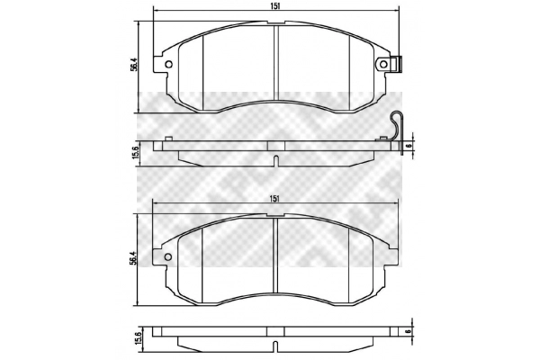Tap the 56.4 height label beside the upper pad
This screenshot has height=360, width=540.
[132, 64]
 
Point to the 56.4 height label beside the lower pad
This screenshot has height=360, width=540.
[132, 256]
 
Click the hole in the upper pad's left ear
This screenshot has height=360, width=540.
[168, 64]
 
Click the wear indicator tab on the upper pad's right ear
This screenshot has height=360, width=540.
[397, 65]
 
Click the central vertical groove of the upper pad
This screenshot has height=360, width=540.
[274, 67]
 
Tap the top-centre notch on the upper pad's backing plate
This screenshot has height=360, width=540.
[274, 20]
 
